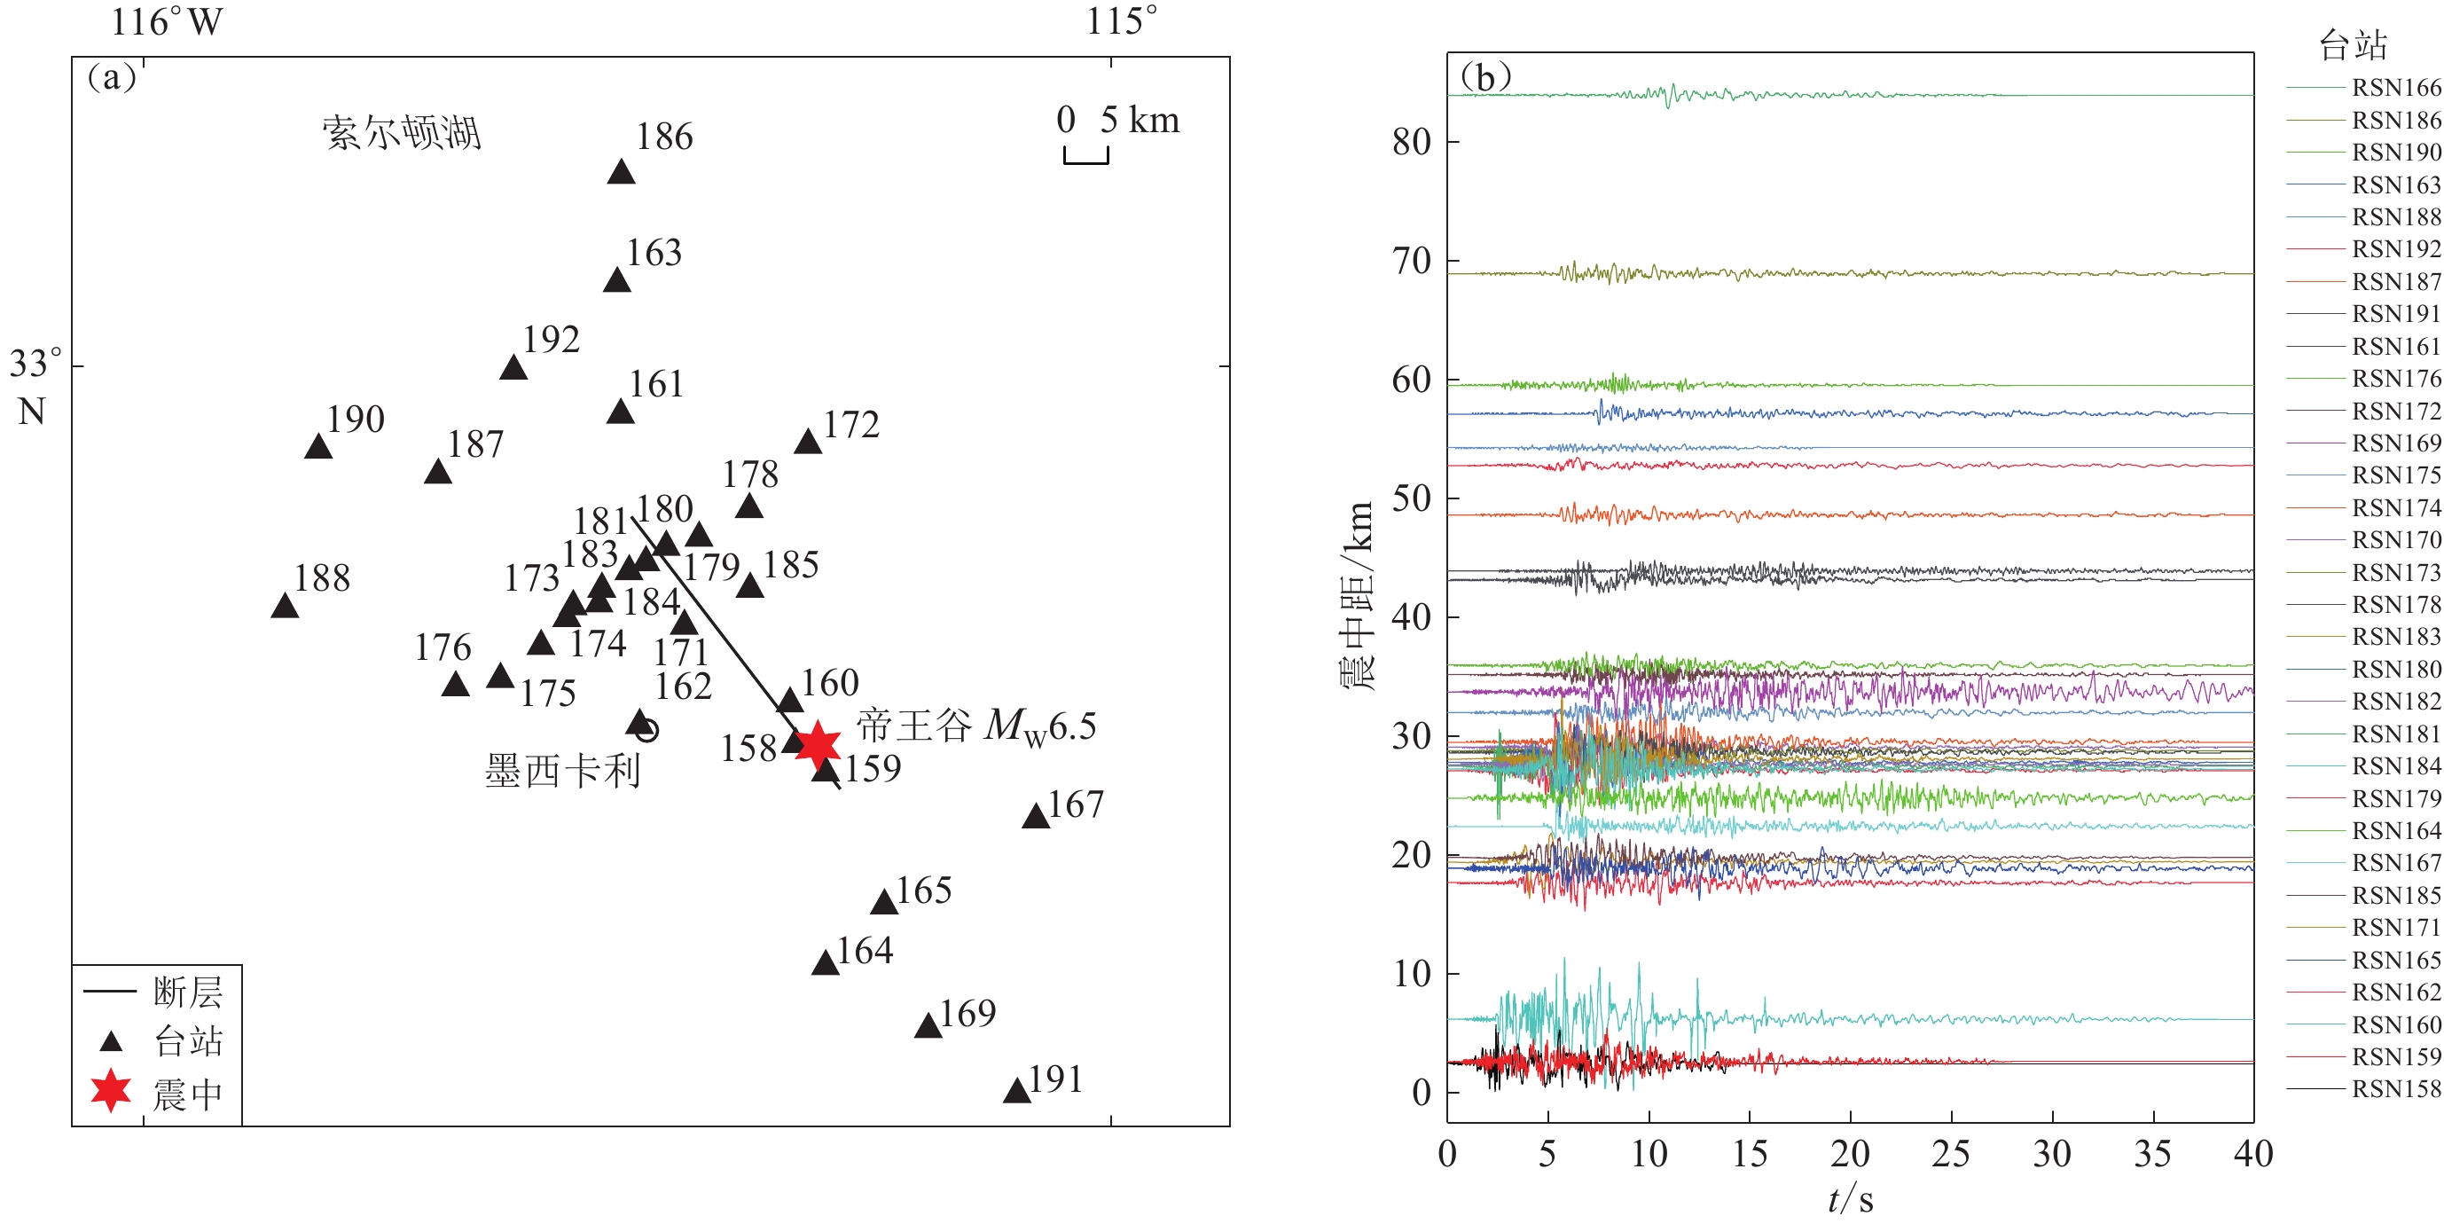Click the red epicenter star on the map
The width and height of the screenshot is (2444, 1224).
click(x=817, y=745)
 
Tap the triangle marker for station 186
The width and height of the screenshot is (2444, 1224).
click(x=622, y=173)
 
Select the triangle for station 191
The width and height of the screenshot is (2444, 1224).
click(x=1016, y=1091)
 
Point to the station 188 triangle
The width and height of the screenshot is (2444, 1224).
click(x=285, y=607)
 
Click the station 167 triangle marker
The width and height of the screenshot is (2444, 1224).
click(x=1035, y=816)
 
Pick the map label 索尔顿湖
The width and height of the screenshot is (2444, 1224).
click(x=402, y=134)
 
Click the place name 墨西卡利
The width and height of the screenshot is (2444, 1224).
click(x=562, y=771)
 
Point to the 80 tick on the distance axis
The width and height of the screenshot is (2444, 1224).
click(x=1411, y=142)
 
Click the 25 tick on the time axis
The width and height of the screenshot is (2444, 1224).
click(x=1951, y=1154)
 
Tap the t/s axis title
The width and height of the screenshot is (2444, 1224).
click(x=1850, y=1200)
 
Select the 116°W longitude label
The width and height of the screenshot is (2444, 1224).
click(x=167, y=22)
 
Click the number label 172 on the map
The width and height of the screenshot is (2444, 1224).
click(x=851, y=425)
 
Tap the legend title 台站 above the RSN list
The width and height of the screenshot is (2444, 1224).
click(x=2353, y=44)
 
